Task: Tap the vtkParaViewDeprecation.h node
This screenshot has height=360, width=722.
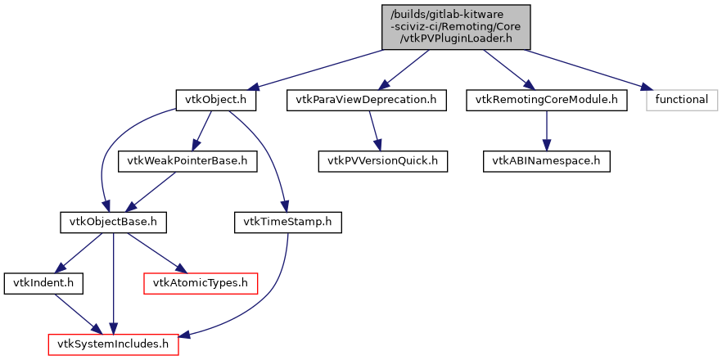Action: (x=366, y=100)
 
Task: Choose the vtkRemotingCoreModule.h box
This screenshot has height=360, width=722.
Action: (x=546, y=100)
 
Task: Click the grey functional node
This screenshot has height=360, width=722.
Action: (x=682, y=100)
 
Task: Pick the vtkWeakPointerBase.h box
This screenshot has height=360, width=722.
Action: (x=188, y=160)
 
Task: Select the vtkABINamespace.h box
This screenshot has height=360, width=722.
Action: (x=546, y=160)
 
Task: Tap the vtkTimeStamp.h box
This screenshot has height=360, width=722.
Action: (x=288, y=221)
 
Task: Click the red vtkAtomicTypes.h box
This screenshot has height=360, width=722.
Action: (x=201, y=283)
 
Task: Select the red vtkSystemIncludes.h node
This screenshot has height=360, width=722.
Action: (x=114, y=344)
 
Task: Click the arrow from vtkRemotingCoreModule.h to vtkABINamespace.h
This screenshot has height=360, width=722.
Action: (x=546, y=130)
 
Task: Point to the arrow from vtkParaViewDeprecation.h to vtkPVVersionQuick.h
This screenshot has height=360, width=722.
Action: (x=374, y=130)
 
